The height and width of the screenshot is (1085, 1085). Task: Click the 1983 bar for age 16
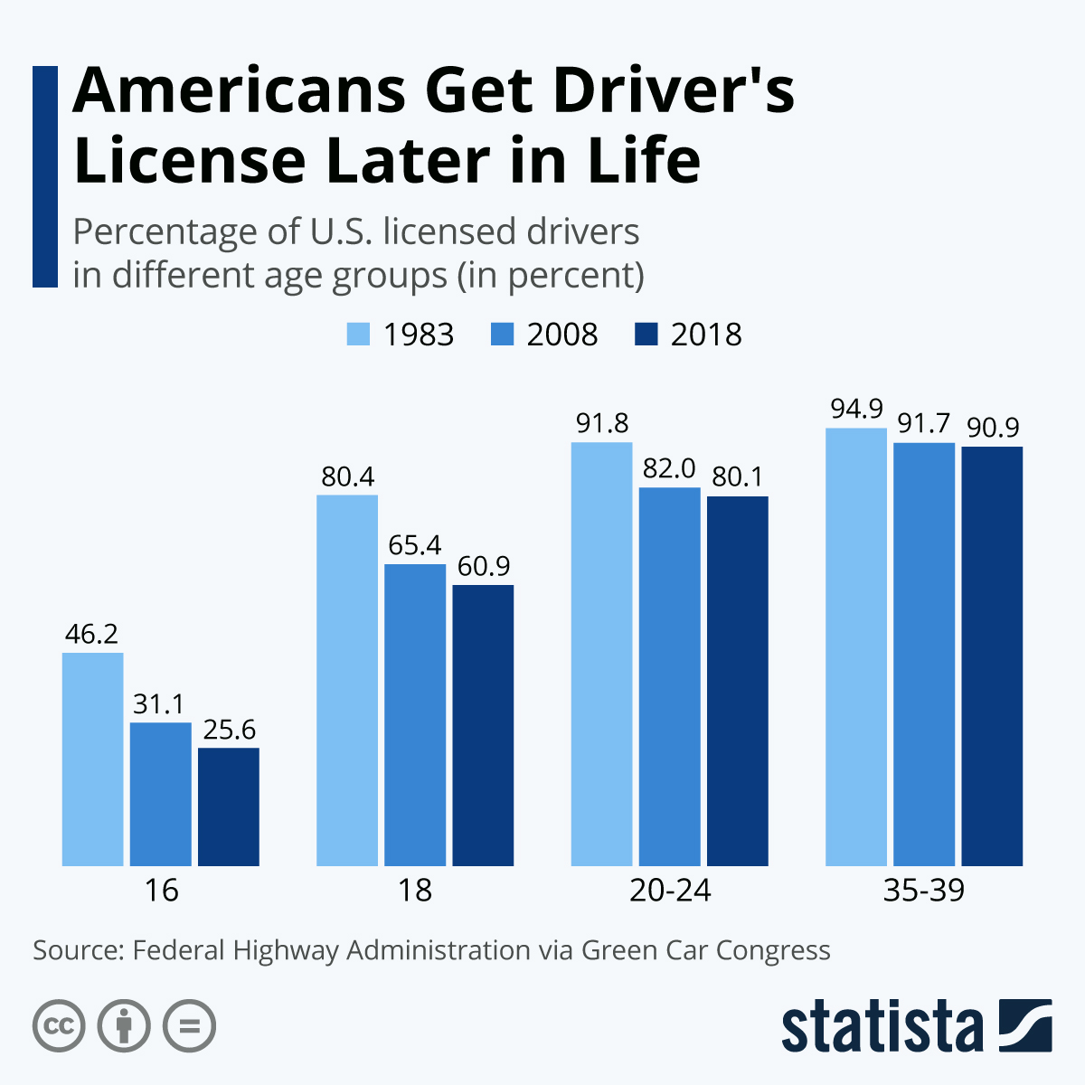pos(92,759)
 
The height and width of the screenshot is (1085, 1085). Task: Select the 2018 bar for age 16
pos(229,807)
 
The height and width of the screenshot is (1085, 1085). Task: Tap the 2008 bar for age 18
pos(415,714)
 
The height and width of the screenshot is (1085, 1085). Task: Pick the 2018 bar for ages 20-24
pos(737,681)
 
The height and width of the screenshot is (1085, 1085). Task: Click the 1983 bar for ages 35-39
pos(856,646)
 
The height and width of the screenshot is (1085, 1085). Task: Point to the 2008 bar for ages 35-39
pos(924,654)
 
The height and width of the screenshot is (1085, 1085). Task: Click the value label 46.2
pos(91,634)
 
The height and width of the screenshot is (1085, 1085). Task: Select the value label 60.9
pos(483,567)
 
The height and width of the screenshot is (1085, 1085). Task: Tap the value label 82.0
pos(669,468)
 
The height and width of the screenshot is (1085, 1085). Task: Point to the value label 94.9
pos(856,410)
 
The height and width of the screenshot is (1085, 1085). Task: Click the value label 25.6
pos(229,730)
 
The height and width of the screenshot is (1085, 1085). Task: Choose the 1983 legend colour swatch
pos(359,334)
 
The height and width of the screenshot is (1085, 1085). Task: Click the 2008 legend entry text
pos(562,335)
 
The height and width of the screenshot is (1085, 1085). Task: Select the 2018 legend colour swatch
pos(646,334)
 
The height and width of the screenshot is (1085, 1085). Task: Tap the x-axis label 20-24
pos(670,891)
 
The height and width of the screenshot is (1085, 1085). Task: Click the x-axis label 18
pos(415,891)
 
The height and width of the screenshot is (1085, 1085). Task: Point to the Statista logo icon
pos(1025,1025)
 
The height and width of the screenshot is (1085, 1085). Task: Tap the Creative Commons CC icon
pos(59,1026)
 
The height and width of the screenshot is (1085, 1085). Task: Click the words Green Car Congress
pos(705,950)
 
